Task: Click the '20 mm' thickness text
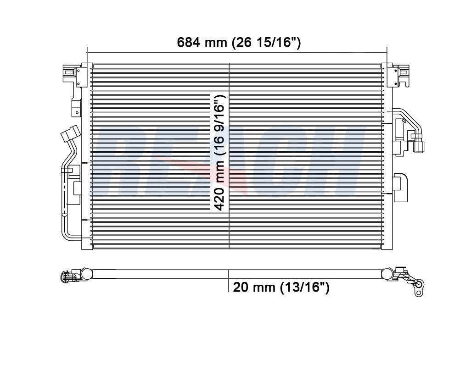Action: point(252,287)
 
